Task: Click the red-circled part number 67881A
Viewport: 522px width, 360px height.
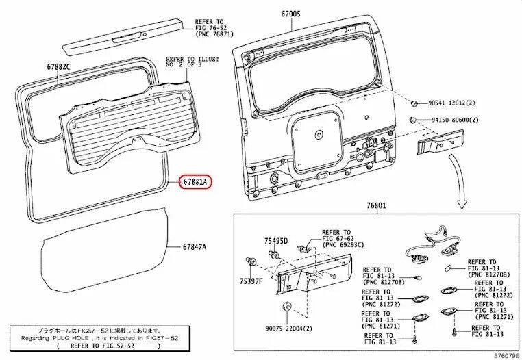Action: (195, 182)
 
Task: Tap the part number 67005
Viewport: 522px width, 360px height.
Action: (290, 14)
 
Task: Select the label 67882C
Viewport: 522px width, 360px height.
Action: (59, 66)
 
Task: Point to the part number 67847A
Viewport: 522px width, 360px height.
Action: (195, 247)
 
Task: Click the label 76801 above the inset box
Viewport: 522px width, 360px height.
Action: (377, 205)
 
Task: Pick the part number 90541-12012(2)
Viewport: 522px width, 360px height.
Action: (451, 103)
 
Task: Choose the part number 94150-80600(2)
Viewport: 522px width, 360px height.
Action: (455, 120)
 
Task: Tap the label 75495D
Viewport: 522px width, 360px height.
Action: (276, 241)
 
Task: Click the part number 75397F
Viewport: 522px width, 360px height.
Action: (251, 281)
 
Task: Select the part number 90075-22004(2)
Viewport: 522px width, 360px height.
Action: (289, 329)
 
